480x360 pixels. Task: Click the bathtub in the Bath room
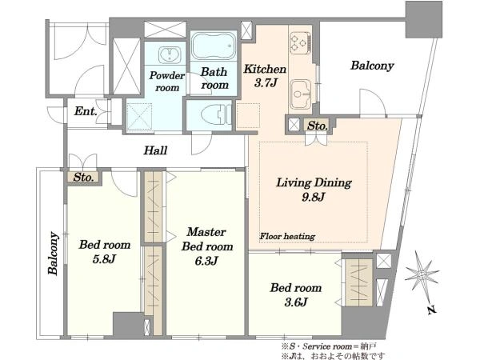pyautogui.click(x=214, y=46)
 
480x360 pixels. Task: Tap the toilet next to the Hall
pyautogui.click(x=216, y=114)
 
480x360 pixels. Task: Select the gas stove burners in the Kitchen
pyautogui.click(x=300, y=42)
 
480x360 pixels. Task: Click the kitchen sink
pyautogui.click(x=301, y=94)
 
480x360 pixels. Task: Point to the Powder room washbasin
pyautogui.click(x=167, y=54)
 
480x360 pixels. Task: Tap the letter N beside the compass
pyautogui.click(x=432, y=310)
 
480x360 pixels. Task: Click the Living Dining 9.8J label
pyautogui.click(x=314, y=190)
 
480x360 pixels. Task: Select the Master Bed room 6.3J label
pyautogui.click(x=206, y=246)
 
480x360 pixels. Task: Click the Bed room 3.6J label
pyautogui.click(x=296, y=294)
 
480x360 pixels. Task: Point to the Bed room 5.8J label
pyautogui.click(x=104, y=251)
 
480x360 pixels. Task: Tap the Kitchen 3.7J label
pyautogui.click(x=265, y=75)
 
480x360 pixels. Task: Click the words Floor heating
pyautogui.click(x=287, y=236)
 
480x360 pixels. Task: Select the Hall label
pyautogui.click(x=155, y=150)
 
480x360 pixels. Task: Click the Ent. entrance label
pyautogui.click(x=86, y=111)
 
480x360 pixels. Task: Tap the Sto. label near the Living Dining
pyautogui.click(x=317, y=126)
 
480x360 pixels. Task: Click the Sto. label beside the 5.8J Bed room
pyautogui.click(x=83, y=178)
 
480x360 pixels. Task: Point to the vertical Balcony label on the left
pyautogui.click(x=53, y=253)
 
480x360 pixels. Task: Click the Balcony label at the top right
pyautogui.click(x=372, y=66)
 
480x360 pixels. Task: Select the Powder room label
pyautogui.click(x=167, y=82)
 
